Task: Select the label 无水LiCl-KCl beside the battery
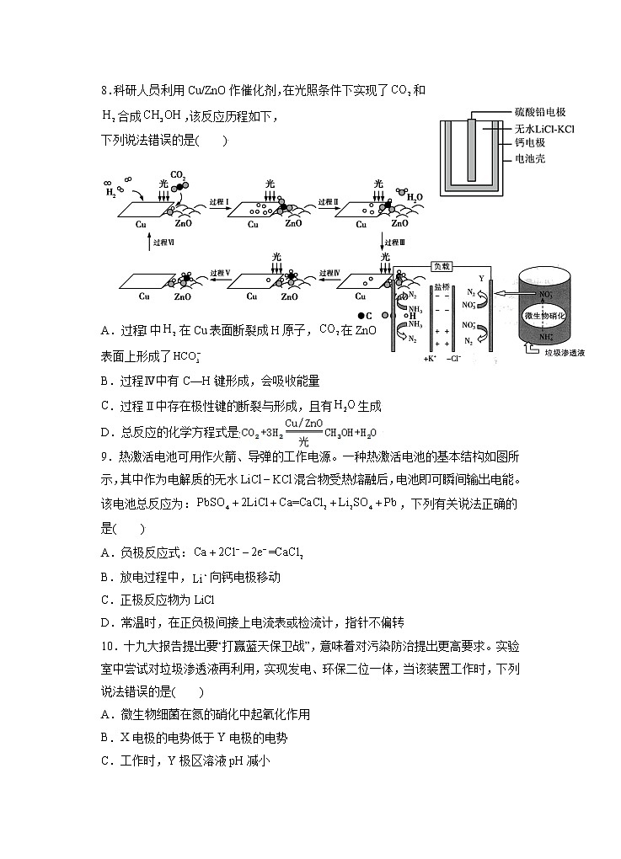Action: pos(544,128)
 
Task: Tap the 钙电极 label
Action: pos(531,143)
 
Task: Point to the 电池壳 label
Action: pos(531,158)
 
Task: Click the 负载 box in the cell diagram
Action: pos(442,265)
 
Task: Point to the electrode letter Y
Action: pos(481,278)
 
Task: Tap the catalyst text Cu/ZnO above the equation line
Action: pos(304,423)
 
